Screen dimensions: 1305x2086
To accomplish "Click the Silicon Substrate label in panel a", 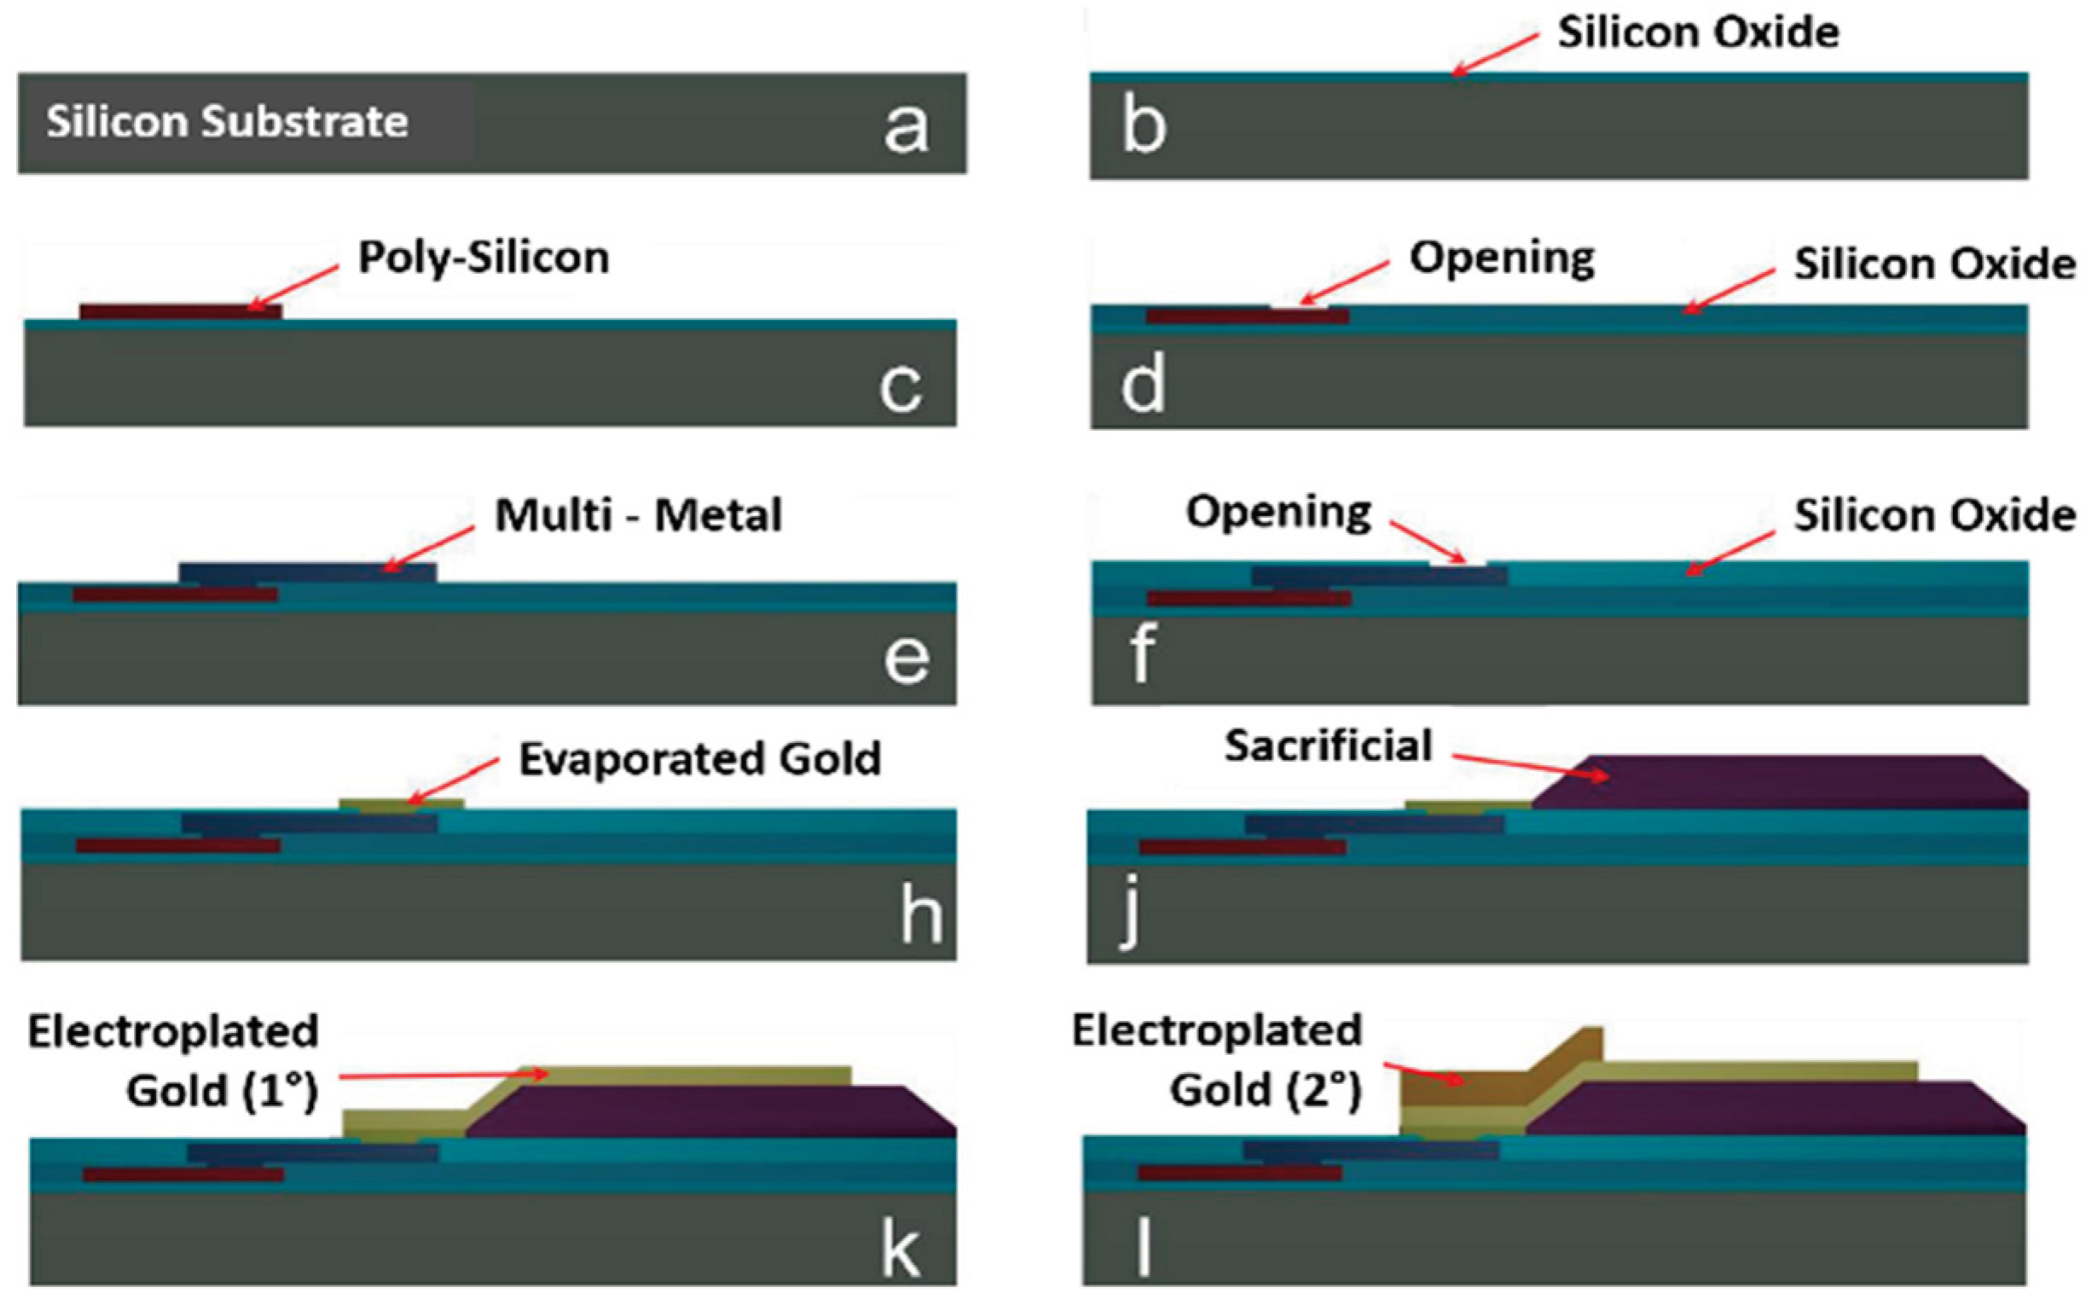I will click(227, 121).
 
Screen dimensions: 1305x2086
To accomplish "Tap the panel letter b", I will click(1144, 127).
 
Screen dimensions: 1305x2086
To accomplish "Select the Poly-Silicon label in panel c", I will click(483, 258).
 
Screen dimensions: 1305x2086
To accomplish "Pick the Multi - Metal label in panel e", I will click(639, 515).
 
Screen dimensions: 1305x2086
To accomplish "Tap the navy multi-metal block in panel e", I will click(307, 573).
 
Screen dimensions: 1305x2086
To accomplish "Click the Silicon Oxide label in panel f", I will click(1934, 515).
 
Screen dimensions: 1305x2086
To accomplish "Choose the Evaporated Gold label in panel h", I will click(699, 759).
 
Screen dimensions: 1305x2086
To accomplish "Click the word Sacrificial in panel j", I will click(1328, 745).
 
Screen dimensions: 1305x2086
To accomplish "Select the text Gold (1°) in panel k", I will click(223, 1091).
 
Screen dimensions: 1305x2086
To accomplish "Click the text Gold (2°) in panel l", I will click(1266, 1089).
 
